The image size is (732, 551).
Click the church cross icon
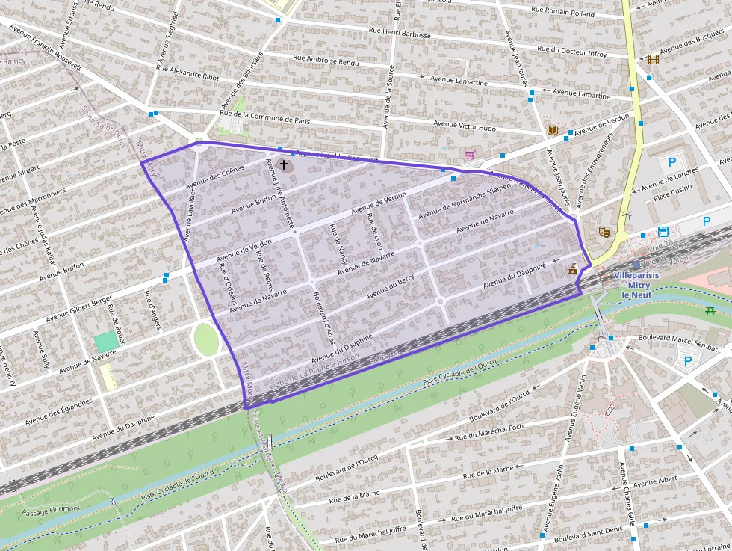coord(283,164)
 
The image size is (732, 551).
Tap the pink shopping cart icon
coord(470,155)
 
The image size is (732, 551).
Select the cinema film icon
coord(654,60)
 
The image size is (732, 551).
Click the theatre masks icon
coord(605,233)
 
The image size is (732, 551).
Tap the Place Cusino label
coord(673,196)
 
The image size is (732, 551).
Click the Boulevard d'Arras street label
coord(324,317)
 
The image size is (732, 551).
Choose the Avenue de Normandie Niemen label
coord(464,200)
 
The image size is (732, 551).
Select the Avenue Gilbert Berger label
coord(78,309)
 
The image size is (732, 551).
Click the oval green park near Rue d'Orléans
coord(205,339)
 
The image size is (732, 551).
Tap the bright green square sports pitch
coord(106,342)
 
